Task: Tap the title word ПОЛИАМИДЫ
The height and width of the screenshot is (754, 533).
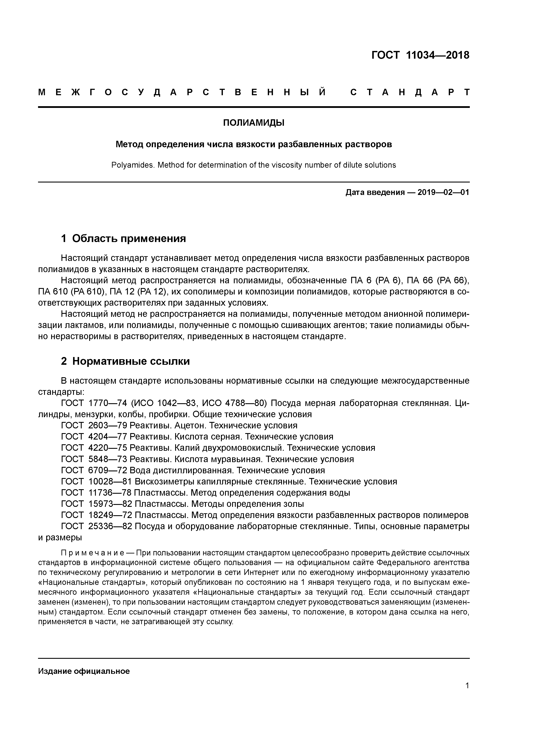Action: click(x=254, y=123)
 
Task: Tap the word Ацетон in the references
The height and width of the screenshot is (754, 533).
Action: click(x=190, y=426)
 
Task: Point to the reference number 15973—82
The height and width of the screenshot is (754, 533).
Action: click(x=110, y=504)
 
